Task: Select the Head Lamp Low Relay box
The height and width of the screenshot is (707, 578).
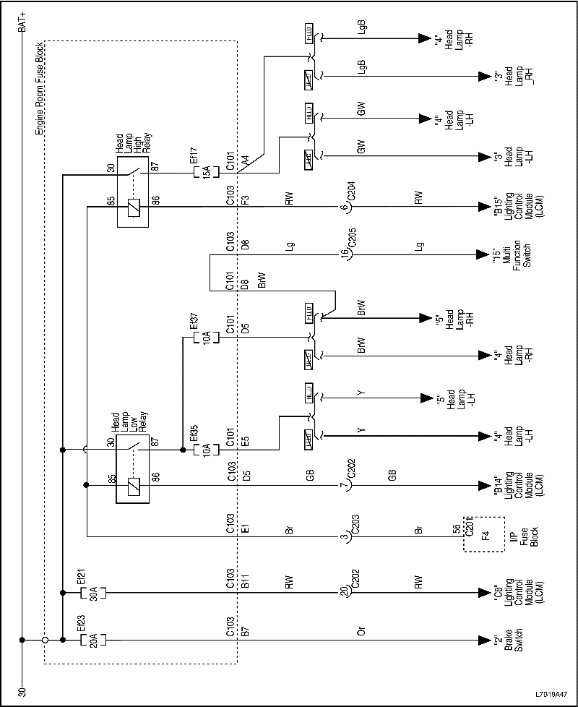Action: [x=132, y=468]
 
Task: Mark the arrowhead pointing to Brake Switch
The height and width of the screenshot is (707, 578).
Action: [x=483, y=640]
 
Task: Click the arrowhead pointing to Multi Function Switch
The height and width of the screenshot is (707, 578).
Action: [x=483, y=255]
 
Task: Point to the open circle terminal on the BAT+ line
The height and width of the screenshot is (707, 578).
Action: [x=45, y=640]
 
